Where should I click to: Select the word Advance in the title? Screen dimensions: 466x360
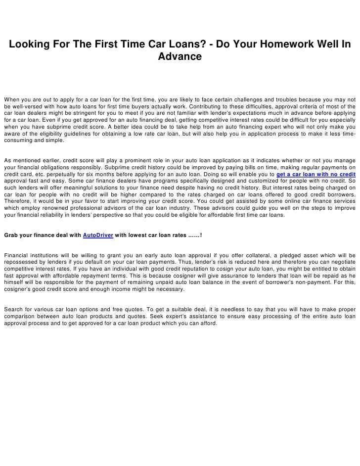[x=180, y=57]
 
